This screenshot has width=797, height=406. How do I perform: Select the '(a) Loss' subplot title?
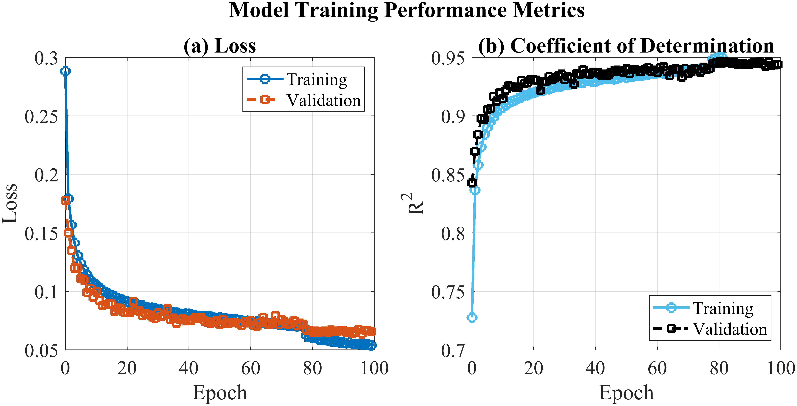coord(220,46)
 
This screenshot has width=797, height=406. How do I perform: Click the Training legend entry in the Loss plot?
coord(297,79)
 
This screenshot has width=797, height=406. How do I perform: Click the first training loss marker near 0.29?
coord(65,71)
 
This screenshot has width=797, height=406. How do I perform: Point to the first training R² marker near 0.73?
coord(472,317)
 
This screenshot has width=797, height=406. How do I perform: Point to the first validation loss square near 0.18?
coord(65,200)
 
